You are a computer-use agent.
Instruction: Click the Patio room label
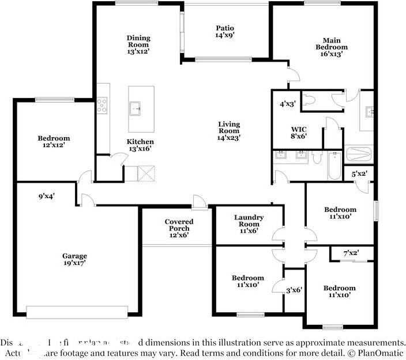coord(225,31)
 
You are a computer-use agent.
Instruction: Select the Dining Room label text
coord(138,44)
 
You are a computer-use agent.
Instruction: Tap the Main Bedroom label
coord(331,47)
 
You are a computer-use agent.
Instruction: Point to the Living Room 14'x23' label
coord(228,131)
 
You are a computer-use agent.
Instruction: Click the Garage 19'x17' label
coord(75,260)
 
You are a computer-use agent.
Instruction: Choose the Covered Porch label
coord(179,228)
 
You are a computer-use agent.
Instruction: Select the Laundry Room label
coord(249,224)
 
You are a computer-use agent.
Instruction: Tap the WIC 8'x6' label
coord(298,133)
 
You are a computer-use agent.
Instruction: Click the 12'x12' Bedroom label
coord(54,142)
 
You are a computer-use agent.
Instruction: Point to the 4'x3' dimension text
coord(287,104)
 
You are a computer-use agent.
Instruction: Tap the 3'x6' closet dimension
coord(295,291)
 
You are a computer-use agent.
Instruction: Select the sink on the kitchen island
coord(137,107)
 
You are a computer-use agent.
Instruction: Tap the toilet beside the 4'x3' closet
coord(309,101)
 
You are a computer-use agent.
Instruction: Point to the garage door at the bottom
coord(77,312)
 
